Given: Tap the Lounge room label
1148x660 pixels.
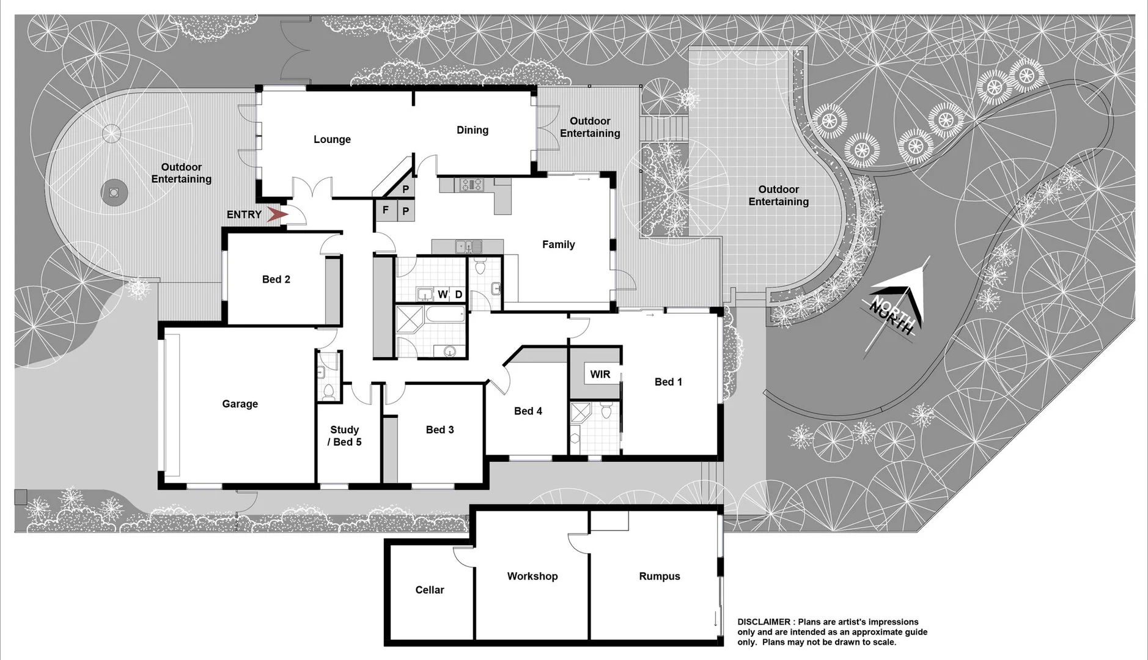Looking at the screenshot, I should click(332, 139).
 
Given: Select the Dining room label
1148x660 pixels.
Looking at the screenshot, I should click(472, 130).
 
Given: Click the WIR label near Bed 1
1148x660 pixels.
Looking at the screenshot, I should click(600, 374).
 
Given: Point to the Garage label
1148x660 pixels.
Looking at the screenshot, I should click(240, 403).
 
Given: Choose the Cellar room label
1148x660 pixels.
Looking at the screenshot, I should click(429, 590).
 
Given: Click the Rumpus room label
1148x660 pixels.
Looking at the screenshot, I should click(659, 576).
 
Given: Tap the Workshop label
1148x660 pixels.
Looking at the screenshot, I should click(532, 576).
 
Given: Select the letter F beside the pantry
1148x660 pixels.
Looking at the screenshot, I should click(385, 210).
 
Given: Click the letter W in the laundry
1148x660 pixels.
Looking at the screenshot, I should click(443, 295).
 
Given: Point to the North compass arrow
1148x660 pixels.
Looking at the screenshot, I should click(899, 306).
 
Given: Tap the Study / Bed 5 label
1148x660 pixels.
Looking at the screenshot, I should click(344, 436).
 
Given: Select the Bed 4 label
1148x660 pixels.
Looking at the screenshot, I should click(528, 411).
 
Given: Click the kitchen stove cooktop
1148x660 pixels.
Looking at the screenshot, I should click(471, 183).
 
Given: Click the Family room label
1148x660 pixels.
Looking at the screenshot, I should click(558, 244).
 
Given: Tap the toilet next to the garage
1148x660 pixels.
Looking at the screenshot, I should click(328, 391).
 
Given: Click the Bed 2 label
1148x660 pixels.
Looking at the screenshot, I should click(276, 279).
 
